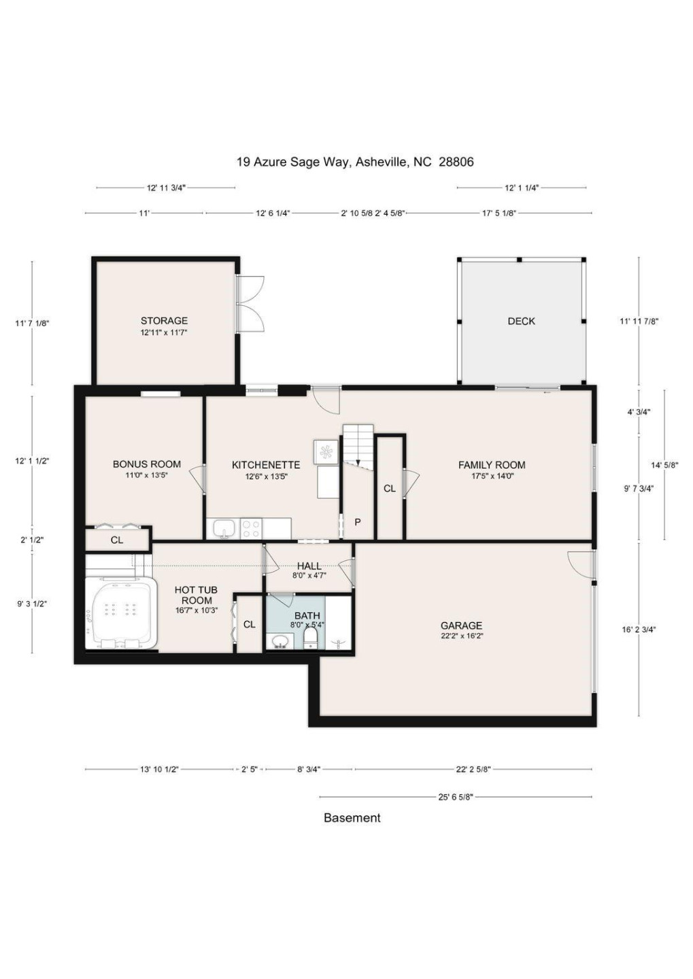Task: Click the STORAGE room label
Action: (x=164, y=321)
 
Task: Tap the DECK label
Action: (x=521, y=321)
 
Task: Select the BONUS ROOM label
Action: (x=146, y=464)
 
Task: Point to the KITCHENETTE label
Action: (x=265, y=465)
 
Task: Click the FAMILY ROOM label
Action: (x=491, y=465)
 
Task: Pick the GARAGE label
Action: (x=461, y=625)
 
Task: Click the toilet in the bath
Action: (x=310, y=638)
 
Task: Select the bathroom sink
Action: (x=280, y=640)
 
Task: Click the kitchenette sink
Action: (x=224, y=528)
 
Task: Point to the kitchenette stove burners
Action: (x=251, y=528)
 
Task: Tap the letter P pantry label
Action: (x=358, y=522)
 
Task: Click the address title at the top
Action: (x=355, y=162)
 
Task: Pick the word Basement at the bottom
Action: (x=352, y=818)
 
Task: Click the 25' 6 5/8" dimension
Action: (x=456, y=797)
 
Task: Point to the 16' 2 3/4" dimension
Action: (x=639, y=630)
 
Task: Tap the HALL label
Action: (x=309, y=566)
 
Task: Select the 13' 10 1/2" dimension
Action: (x=159, y=769)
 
